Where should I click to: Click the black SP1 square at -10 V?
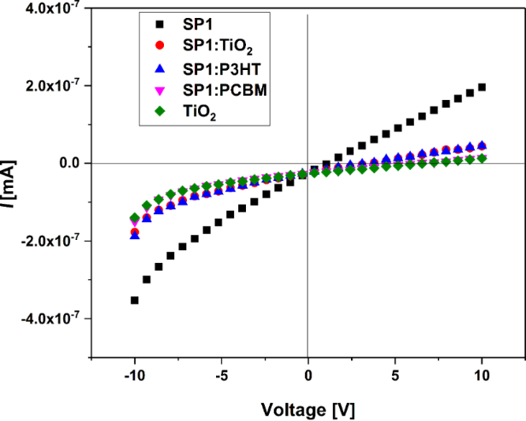tap(135, 300)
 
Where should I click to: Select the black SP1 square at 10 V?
tap(482, 87)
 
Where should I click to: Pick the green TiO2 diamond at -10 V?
tap(135, 218)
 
